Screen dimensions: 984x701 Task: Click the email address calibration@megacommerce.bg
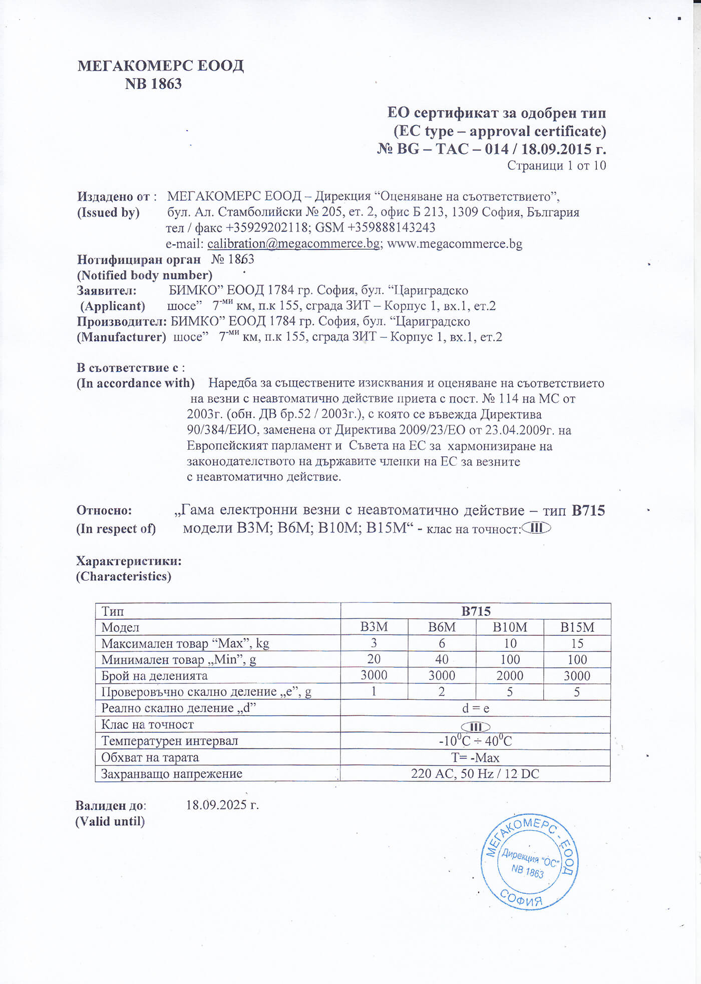pos(293,244)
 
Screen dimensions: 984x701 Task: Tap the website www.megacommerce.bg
pos(455,244)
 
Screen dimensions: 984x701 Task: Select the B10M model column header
pos(510,627)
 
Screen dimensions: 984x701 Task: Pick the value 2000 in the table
pos(510,676)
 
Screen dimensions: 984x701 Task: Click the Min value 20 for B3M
pos(374,659)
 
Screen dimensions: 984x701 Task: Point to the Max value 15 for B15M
pos(577,643)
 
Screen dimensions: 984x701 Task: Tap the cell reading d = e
pos(475,708)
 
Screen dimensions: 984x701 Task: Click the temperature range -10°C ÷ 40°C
pos(475,741)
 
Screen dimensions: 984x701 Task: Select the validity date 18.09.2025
pos(222,805)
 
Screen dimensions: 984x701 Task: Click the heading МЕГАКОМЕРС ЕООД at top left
pos(160,66)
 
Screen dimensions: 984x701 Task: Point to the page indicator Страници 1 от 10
pos(556,166)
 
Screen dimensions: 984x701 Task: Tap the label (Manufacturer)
pos(121,337)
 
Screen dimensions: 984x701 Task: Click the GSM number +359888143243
pos(391,228)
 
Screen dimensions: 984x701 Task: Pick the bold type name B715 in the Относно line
pos(588,511)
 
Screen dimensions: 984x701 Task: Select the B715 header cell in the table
pos(475,611)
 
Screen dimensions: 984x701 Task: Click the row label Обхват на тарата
pos(150,757)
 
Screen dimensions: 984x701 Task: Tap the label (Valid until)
pos(110,821)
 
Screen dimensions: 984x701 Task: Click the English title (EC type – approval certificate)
pos(499,131)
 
